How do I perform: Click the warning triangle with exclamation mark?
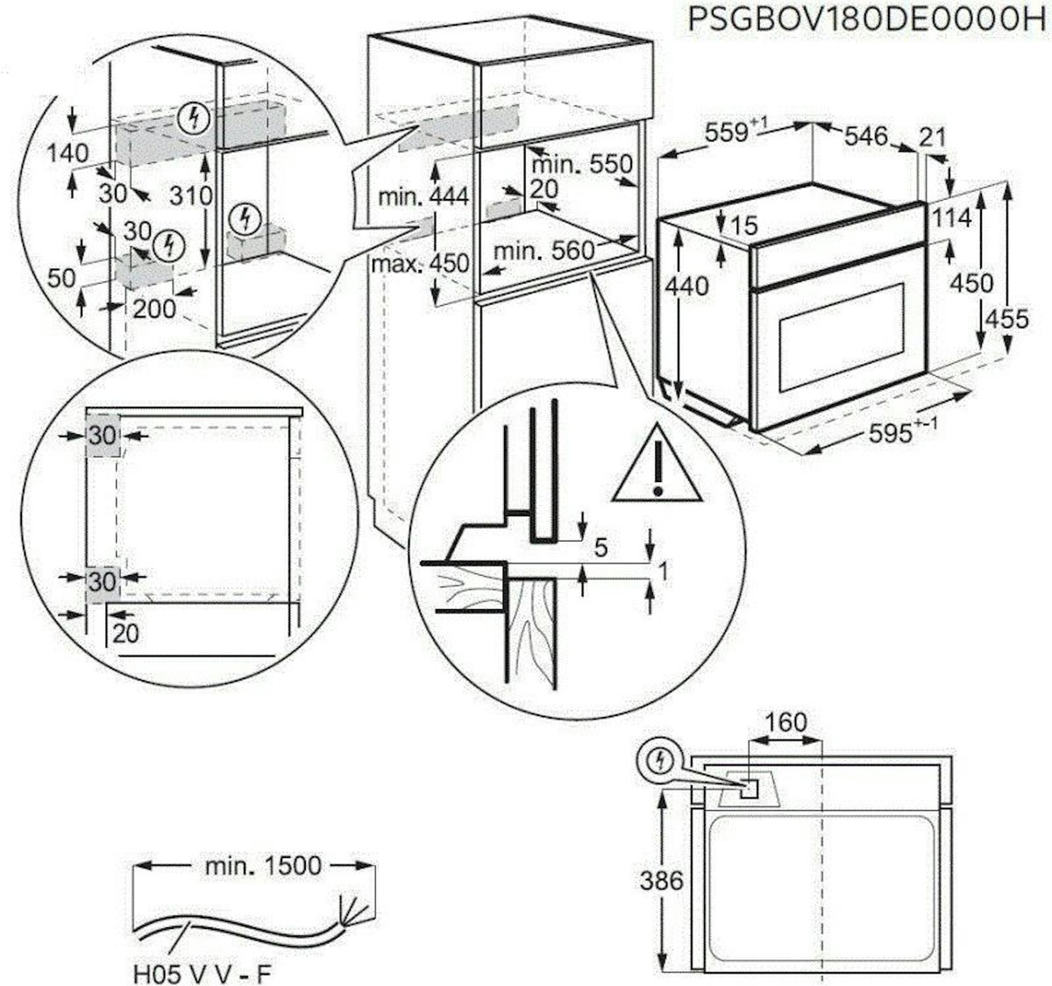pos(657,468)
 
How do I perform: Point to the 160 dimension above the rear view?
pos(785,723)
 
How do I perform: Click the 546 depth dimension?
pos(866,137)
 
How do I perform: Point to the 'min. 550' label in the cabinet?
pos(579,164)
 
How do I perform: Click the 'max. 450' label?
pos(419,262)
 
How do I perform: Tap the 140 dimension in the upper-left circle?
pos(68,153)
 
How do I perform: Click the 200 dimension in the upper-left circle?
pos(155,308)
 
